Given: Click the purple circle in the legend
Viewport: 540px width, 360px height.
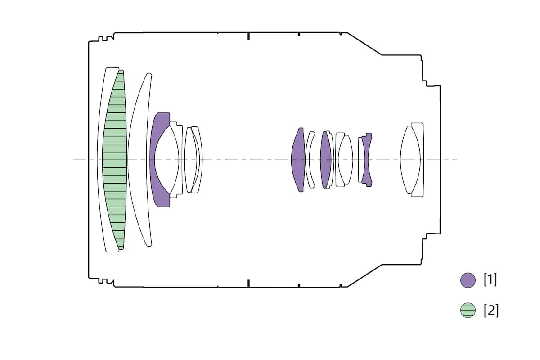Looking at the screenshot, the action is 468,280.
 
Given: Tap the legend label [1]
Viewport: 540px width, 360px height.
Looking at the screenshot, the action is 490,280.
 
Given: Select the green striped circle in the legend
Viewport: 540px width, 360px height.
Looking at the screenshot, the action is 468,310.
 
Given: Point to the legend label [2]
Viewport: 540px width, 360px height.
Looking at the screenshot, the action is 491,310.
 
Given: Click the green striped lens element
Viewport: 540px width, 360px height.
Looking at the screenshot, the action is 115,160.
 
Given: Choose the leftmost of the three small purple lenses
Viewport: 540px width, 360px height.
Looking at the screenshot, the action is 298,160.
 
